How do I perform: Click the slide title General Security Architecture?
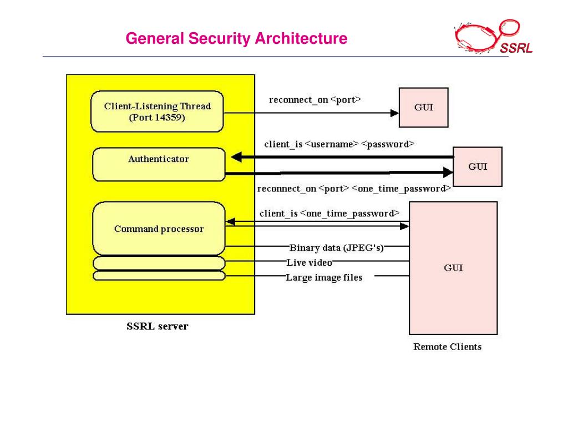[236, 39]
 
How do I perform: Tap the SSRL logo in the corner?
[493, 37]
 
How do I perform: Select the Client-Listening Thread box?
[158, 111]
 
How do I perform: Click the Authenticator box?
[159, 164]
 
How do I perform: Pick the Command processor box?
[159, 229]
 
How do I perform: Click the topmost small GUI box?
[424, 108]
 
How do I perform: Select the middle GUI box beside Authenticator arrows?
[478, 166]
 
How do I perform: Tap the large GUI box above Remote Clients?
[453, 268]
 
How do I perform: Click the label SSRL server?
[158, 326]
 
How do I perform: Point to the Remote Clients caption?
[447, 347]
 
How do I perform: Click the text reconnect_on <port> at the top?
[315, 100]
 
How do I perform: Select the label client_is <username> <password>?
[339, 144]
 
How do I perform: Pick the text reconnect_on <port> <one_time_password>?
[354, 189]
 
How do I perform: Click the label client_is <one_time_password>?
[329, 214]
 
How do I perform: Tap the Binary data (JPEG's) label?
[336, 247]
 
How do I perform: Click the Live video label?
[309, 262]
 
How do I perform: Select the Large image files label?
[324, 277]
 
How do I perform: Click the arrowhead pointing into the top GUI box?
[394, 113]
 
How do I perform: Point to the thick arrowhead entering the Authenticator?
[236, 158]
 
